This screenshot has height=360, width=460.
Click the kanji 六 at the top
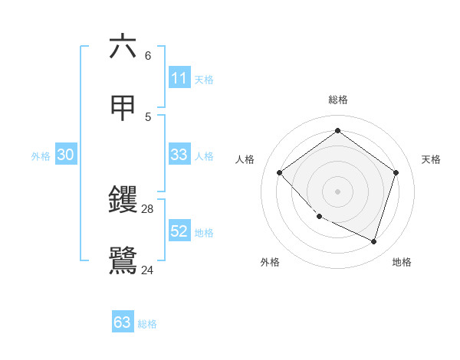tap(123, 47)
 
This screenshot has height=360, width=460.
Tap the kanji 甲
tap(123, 108)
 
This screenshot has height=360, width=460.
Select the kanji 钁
tap(123, 200)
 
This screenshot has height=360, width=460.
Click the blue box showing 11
tap(179, 78)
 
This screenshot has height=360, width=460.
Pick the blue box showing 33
tap(179, 155)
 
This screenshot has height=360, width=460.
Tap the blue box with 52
tap(179, 231)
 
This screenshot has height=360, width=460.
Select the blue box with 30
tap(66, 155)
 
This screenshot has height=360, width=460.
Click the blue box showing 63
tap(123, 322)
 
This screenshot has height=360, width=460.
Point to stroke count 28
tap(148, 209)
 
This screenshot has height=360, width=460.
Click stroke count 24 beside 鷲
tap(148, 270)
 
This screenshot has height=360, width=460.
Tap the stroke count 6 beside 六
tap(148, 56)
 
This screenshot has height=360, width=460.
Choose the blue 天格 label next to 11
tap(204, 80)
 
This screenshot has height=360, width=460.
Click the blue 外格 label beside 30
tap(41, 156)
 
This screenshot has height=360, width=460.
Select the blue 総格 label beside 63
tap(147, 324)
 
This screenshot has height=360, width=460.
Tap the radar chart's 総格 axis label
tap(338, 100)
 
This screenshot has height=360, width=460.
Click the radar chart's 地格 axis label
tap(402, 262)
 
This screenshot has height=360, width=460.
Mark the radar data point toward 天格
tap(396, 172)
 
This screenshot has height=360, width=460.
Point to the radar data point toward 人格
tap(280, 172)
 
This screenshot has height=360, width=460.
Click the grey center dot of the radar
tap(338, 191)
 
